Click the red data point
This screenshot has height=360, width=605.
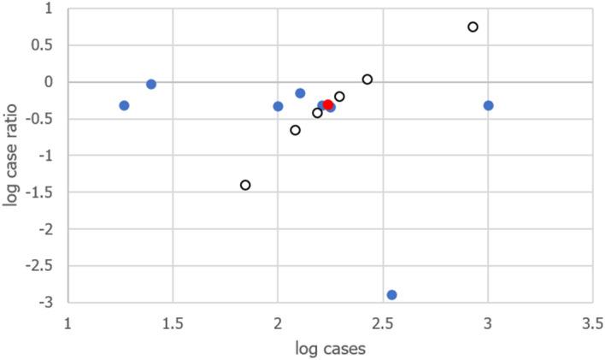coord(328,105)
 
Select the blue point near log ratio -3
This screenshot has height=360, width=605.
coord(391,295)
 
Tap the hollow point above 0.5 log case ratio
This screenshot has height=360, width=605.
coord(473,27)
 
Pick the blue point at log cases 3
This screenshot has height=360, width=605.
coord(488,105)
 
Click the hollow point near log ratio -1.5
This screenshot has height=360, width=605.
coord(245,185)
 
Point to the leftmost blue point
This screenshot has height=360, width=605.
coord(124,105)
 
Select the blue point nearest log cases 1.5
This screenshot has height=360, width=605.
coord(151,84)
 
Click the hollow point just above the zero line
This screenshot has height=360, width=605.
coord(367,80)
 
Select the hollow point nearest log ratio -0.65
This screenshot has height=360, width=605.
coord(295,130)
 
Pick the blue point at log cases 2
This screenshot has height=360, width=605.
coord(278,106)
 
